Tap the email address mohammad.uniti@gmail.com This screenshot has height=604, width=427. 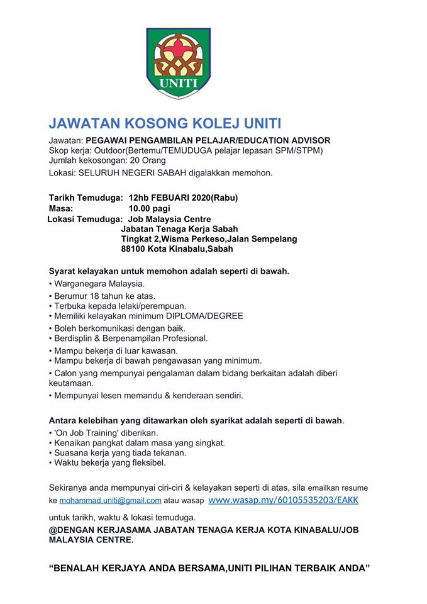point(111,501)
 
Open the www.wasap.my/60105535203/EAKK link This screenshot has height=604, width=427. point(283,500)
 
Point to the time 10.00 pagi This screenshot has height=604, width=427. point(150,208)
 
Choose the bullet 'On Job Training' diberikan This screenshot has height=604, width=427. point(104,433)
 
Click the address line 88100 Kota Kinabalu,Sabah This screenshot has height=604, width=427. point(177,249)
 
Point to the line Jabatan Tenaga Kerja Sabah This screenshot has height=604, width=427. point(180,228)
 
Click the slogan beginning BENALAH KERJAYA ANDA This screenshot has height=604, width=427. point(209,568)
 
